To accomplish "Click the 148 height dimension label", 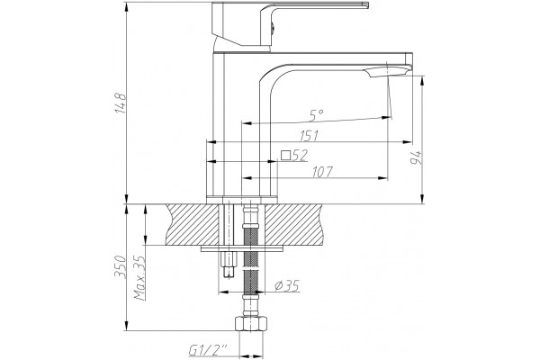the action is [x=120, y=103].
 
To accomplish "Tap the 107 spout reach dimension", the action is [x=322, y=172].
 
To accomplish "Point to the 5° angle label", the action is [x=316, y=115].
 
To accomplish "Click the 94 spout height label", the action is [x=417, y=157].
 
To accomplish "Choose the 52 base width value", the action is [x=300, y=156].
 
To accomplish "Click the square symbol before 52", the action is [x=285, y=156].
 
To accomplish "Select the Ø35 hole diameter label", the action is [x=287, y=285].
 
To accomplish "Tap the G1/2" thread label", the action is [x=209, y=350].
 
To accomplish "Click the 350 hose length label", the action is [x=120, y=266].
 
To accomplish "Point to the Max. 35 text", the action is [x=139, y=278].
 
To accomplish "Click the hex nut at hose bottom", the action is [x=251, y=324].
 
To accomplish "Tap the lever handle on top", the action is [x=289, y=23].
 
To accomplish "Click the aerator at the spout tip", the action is [x=387, y=72].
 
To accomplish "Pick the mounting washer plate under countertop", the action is [x=242, y=248].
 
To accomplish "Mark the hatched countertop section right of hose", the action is [x=293, y=225].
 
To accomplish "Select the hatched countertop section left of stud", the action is [x=193, y=225].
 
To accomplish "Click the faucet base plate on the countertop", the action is [x=242, y=200].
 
